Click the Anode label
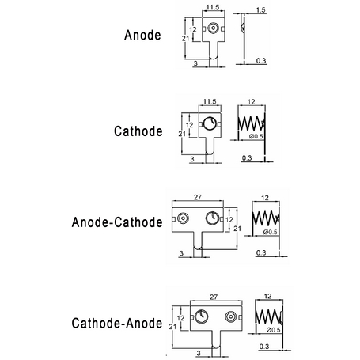click(x=142, y=35)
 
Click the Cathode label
click(x=138, y=131)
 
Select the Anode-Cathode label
click(x=117, y=222)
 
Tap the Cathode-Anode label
click(x=117, y=323)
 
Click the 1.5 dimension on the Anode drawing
click(x=260, y=10)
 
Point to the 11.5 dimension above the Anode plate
click(x=213, y=7)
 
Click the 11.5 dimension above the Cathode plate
click(x=210, y=101)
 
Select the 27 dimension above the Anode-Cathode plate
click(x=198, y=197)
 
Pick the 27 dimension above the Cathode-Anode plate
click(x=214, y=297)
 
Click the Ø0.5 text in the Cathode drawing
click(x=256, y=136)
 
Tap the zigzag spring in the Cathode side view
click(x=251, y=123)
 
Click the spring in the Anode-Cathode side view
click(x=265, y=218)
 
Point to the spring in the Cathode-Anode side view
click(x=268, y=316)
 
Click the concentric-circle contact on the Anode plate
click(x=213, y=28)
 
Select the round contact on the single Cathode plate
click(x=210, y=123)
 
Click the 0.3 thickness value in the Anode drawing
click(x=261, y=61)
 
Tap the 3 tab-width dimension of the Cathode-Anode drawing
click(x=199, y=353)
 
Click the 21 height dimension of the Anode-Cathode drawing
click(x=237, y=229)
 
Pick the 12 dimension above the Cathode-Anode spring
click(x=267, y=297)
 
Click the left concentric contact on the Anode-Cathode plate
click(x=183, y=218)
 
